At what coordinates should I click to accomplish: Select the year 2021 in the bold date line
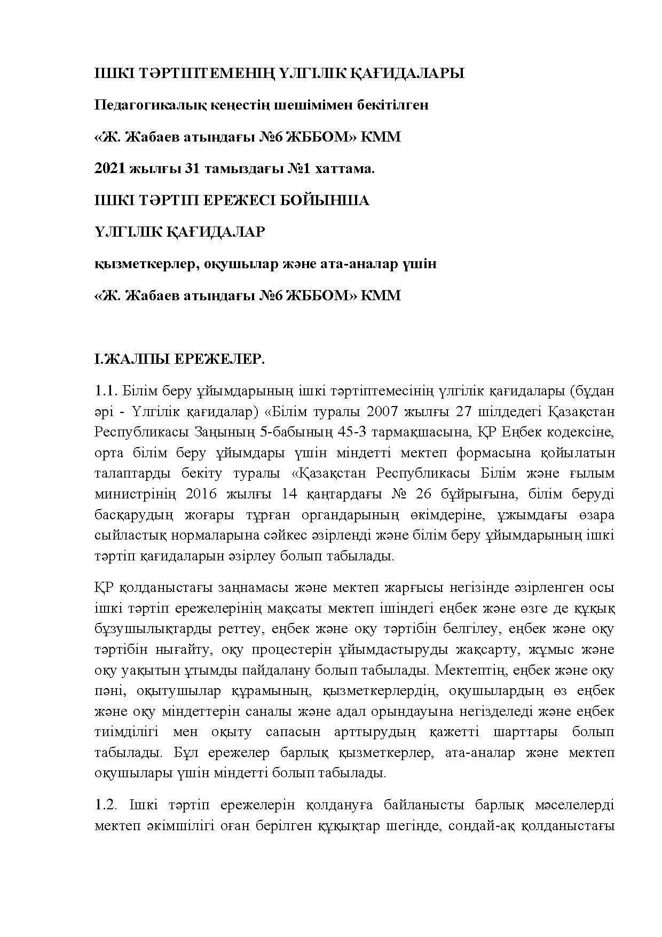tap(111, 169)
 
